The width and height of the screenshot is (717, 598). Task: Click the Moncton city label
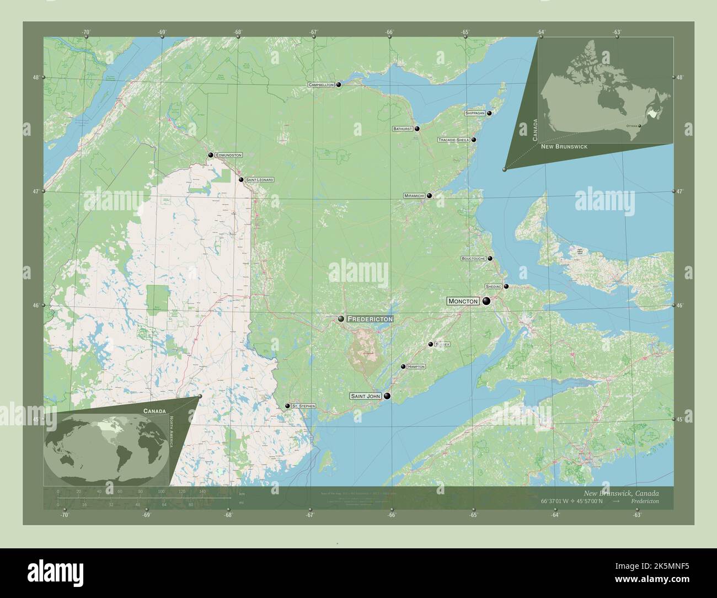[x=463, y=301]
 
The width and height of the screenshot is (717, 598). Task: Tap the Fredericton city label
[x=370, y=319]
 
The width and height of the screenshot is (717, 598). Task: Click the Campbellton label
[x=322, y=85]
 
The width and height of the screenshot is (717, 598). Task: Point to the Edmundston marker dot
[x=210, y=155]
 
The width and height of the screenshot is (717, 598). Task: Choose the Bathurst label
[x=403, y=129]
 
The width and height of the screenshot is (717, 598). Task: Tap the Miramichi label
[x=414, y=196]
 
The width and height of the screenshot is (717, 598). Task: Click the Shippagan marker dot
[x=489, y=113]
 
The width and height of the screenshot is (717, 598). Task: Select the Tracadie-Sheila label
[x=454, y=140]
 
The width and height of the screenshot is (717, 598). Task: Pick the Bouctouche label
[x=473, y=258]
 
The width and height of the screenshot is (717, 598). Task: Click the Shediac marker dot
[x=506, y=286]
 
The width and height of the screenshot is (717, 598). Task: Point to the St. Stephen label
[x=303, y=406]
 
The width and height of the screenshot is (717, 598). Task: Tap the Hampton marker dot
[x=403, y=367]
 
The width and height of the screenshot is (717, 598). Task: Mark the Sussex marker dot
[x=431, y=344]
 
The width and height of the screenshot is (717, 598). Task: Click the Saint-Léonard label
[x=259, y=180]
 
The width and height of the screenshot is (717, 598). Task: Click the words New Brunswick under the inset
[x=564, y=147]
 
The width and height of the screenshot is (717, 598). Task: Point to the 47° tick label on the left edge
[x=35, y=191]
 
